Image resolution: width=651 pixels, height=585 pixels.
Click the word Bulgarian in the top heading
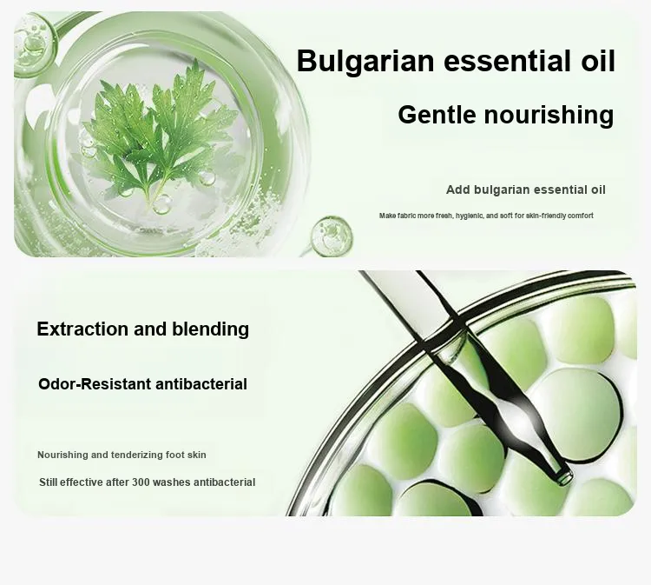pyautogui.click(x=365, y=62)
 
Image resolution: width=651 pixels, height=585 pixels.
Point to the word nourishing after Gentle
pyautogui.click(x=549, y=115)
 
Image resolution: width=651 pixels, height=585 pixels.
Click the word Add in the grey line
pyautogui.click(x=458, y=190)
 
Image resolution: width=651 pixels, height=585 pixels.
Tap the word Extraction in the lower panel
pyautogui.click(x=82, y=329)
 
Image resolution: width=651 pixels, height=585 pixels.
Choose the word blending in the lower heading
pyautogui.click(x=211, y=329)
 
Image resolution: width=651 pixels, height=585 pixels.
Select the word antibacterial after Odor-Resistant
pyautogui.click(x=201, y=384)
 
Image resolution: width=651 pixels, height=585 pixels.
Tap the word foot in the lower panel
pyautogui.click(x=174, y=455)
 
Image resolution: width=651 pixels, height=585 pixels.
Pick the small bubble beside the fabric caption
pyautogui.click(x=332, y=236)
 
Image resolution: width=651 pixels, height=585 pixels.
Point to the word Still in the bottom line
pyautogui.click(x=49, y=482)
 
